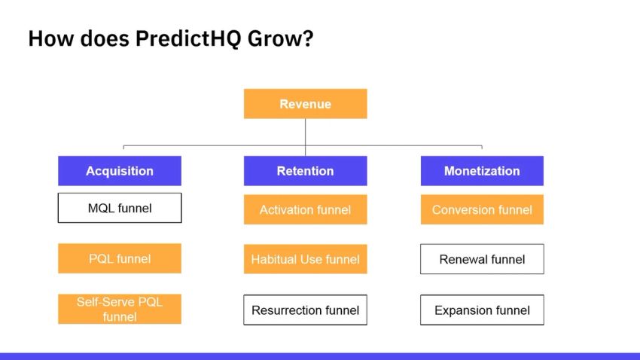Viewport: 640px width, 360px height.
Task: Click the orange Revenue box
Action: pyautogui.click(x=305, y=104)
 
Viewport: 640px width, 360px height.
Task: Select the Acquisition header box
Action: pyautogui.click(x=120, y=171)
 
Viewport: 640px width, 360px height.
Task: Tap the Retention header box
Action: pyautogui.click(x=305, y=171)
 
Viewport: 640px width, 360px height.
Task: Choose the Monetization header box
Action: pyautogui.click(x=482, y=171)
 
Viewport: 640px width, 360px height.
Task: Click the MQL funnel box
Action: pyautogui.click(x=120, y=208)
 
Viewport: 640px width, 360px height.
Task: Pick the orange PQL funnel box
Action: pyautogui.click(x=120, y=258)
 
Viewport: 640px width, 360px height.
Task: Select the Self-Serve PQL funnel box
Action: pyautogui.click(x=120, y=310)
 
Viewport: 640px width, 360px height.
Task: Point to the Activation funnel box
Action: pyautogui.click(x=305, y=209)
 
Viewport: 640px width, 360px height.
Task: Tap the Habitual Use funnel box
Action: pyautogui.click(x=305, y=259)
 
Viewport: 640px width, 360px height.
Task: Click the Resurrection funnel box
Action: pyautogui.click(x=305, y=310)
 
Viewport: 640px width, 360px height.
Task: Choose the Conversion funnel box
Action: pyautogui.click(x=482, y=209)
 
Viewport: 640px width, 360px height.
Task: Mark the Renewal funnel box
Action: pyautogui.click(x=482, y=259)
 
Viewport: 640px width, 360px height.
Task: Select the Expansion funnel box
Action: pyautogui.click(x=482, y=310)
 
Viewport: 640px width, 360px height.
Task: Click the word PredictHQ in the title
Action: pyautogui.click(x=183, y=39)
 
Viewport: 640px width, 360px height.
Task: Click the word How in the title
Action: pyautogui.click(x=47, y=39)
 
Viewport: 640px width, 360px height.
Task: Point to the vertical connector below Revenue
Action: pyautogui.click(x=305, y=132)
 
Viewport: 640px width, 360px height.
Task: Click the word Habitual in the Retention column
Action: pyautogui.click(x=275, y=260)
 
